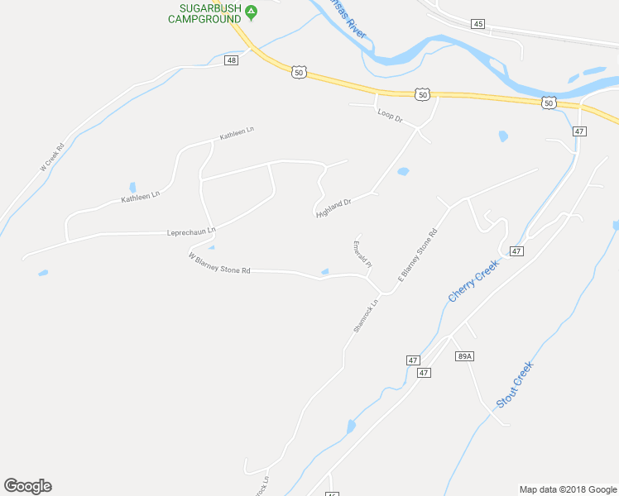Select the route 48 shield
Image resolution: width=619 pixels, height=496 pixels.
click(x=231, y=60)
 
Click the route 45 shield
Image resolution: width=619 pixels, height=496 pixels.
click(x=477, y=24)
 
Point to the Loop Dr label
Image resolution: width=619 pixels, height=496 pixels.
click(x=389, y=116)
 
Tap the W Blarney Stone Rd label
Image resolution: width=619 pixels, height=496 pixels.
click(x=218, y=264)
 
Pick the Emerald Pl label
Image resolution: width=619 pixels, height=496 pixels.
click(x=362, y=253)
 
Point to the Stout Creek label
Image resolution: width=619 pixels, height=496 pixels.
click(x=516, y=384)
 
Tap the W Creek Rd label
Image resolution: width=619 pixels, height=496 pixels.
click(x=52, y=158)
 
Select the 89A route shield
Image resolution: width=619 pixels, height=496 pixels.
click(x=463, y=356)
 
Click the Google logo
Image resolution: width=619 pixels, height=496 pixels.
click(x=27, y=486)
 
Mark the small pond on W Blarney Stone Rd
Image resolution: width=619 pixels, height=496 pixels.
click(x=324, y=271)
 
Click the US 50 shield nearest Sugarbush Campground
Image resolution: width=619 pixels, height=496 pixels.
click(x=299, y=73)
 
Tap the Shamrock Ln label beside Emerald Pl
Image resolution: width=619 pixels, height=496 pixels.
click(x=365, y=315)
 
